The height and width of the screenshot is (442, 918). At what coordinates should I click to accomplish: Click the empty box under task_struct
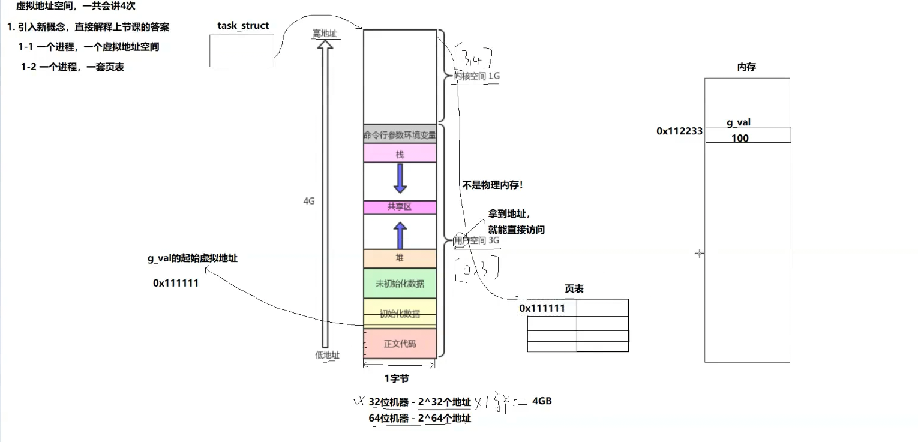242,50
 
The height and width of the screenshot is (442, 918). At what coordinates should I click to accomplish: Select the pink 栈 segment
400,154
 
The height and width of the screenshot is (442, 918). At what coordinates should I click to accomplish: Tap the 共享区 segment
400,207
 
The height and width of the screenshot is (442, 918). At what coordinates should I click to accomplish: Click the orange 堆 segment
400,258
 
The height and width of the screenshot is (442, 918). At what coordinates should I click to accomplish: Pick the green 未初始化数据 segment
400,284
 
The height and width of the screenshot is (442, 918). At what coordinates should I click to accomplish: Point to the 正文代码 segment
400,344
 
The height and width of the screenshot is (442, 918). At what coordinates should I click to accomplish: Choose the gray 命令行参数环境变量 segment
400,135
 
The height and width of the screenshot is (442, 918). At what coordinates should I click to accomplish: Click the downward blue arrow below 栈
400,178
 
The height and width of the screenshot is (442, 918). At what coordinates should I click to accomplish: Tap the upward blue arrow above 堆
400,235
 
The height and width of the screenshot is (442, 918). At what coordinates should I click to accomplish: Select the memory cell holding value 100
747,138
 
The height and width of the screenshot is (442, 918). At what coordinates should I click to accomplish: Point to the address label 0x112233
679,131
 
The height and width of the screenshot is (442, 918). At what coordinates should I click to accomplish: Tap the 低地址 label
327,355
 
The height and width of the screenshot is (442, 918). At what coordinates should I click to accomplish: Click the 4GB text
541,401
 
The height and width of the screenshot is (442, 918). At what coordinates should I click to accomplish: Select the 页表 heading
574,288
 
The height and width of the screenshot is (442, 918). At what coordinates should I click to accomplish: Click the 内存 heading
746,67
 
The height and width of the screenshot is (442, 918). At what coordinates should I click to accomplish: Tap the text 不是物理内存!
492,185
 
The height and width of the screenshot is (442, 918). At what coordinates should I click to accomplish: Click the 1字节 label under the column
397,378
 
